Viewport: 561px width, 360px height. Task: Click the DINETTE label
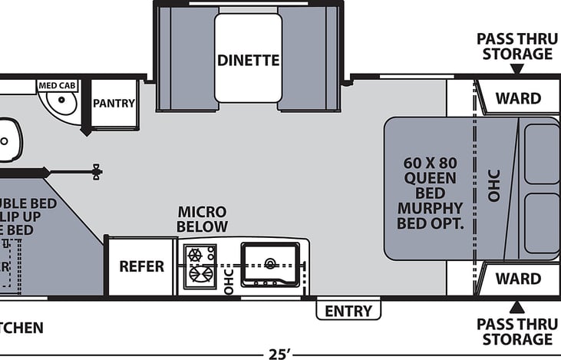tap(248, 60)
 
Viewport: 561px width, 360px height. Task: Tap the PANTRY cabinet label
tap(114, 103)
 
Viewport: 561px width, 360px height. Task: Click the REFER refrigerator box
tap(141, 266)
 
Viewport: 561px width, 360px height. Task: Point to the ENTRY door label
tap(348, 311)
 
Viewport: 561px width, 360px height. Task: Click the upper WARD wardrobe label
tap(517, 98)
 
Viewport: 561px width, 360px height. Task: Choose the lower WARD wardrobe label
tap(517, 279)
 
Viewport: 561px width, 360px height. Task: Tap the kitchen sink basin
tap(269, 263)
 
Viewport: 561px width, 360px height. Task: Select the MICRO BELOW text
tap(202, 219)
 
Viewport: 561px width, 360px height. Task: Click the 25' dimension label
tap(279, 354)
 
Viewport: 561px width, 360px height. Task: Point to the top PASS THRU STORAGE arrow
tap(517, 69)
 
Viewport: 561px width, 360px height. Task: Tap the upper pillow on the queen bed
tap(541, 154)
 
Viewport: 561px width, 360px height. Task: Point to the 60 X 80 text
tap(430, 163)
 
